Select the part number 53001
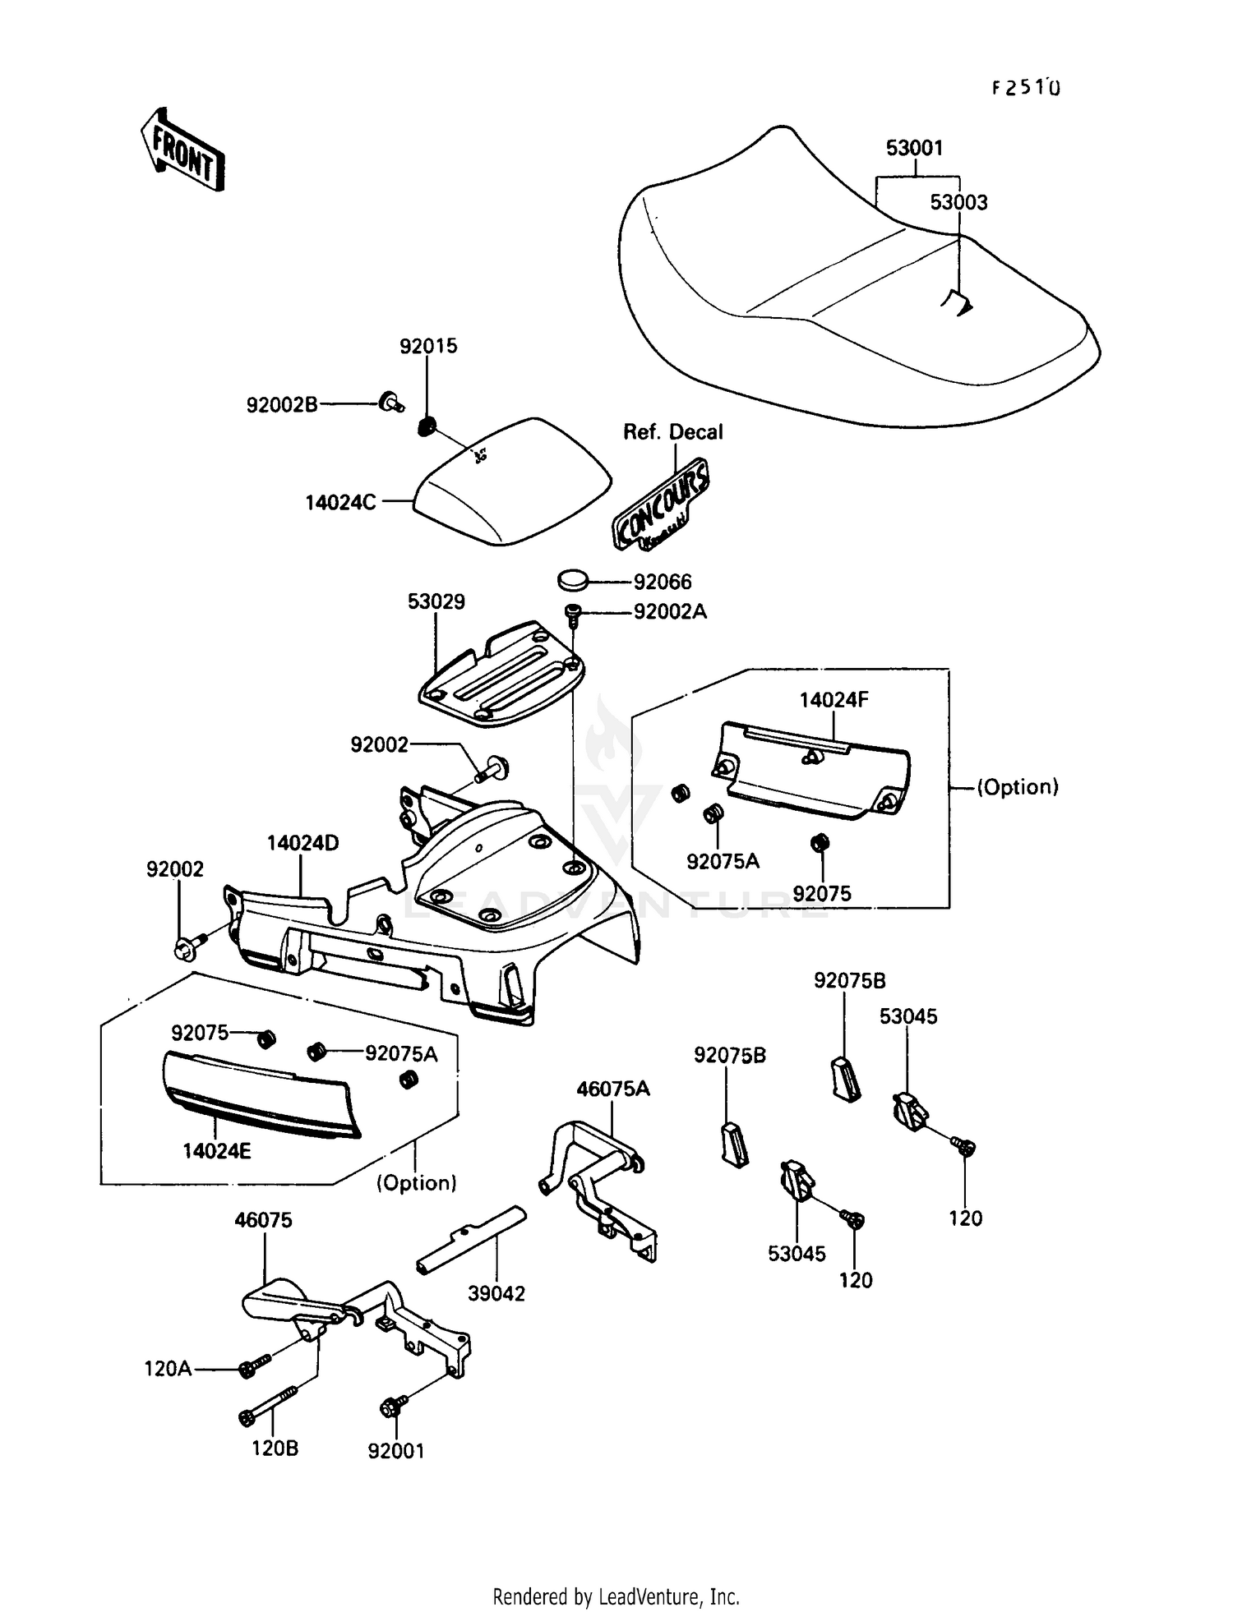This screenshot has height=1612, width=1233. coord(914,149)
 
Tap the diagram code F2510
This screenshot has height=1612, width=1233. coord(1026,88)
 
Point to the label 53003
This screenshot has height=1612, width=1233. coord(958,203)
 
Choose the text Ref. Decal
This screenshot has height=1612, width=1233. coord(672,432)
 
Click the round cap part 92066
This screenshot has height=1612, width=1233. coord(574,580)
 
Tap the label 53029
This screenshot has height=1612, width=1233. coord(436,602)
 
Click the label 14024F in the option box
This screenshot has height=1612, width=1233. coord(834,700)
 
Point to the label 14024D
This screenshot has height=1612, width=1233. coord(302,843)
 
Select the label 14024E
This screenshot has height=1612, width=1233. coord(217,1151)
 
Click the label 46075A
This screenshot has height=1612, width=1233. coord(612,1089)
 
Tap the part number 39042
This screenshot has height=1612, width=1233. coord(496,1293)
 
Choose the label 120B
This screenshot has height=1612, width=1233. coord(275,1448)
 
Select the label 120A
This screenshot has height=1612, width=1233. coord(168,1369)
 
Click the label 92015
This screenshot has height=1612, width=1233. coord(428,346)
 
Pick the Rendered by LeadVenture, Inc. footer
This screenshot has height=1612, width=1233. coord(616,1596)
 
